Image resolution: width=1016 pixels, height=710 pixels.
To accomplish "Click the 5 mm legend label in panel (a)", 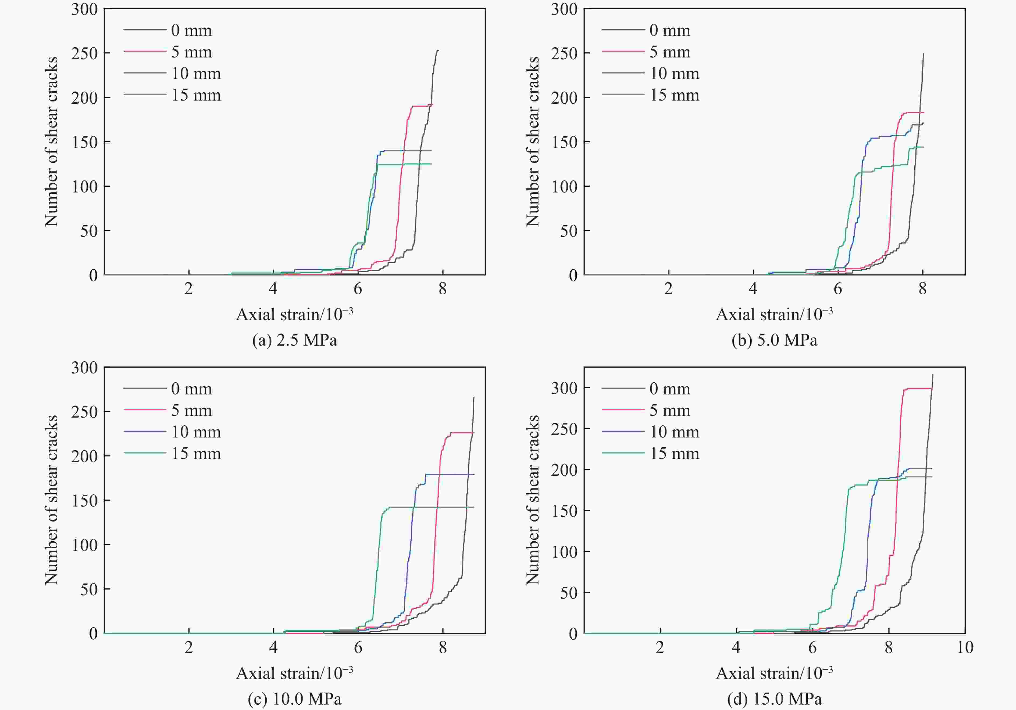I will click(x=192, y=52).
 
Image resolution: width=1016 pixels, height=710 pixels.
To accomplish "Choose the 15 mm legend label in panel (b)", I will click(x=674, y=95).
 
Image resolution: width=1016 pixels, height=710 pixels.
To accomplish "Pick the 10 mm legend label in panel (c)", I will click(x=196, y=432).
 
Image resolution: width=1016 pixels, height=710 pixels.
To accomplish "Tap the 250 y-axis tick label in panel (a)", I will click(x=84, y=53).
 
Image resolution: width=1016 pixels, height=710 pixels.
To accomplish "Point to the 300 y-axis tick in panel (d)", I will click(x=564, y=388).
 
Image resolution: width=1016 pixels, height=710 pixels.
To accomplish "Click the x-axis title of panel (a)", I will click(x=294, y=314).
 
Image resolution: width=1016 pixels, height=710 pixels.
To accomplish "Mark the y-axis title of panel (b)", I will click(x=533, y=142).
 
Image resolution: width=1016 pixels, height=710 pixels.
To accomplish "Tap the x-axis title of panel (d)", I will click(x=774, y=673).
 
